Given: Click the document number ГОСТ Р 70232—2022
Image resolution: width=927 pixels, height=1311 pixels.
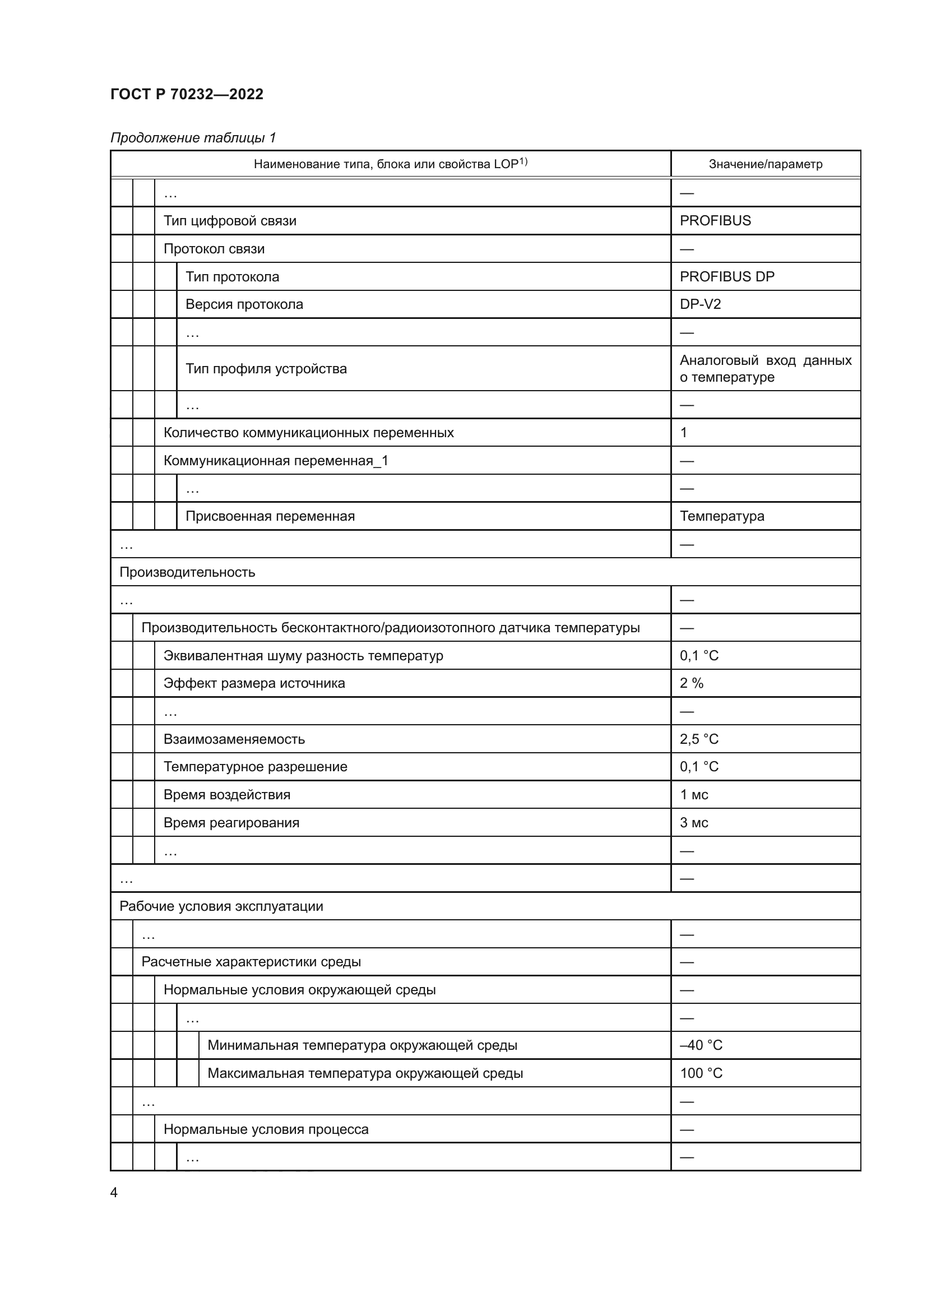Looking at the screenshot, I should pyautogui.click(x=187, y=94).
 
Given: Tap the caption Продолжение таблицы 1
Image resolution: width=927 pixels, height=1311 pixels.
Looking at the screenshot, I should pyautogui.click(x=193, y=138).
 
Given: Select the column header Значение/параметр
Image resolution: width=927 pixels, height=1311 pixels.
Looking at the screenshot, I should pyautogui.click(x=765, y=164).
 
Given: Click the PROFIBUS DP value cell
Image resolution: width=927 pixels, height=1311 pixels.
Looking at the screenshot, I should pyautogui.click(x=727, y=277).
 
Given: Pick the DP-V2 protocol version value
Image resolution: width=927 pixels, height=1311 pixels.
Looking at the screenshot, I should pyautogui.click(x=700, y=304).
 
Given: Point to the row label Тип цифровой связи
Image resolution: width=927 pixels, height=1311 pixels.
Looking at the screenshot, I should pyautogui.click(x=229, y=221).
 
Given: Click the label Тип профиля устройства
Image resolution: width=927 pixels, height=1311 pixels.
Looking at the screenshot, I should pyautogui.click(x=266, y=369).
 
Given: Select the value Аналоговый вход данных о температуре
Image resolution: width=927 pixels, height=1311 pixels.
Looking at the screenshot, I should pyautogui.click(x=765, y=369).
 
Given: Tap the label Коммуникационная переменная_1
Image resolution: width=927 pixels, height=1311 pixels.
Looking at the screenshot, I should pyautogui.click(x=276, y=461).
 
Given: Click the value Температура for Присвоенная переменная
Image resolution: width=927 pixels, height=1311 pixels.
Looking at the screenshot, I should pyautogui.click(x=721, y=516).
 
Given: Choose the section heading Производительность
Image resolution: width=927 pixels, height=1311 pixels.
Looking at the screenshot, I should pyautogui.click(x=187, y=572).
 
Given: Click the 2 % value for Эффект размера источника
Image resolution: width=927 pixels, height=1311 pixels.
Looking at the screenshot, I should pyautogui.click(x=691, y=683).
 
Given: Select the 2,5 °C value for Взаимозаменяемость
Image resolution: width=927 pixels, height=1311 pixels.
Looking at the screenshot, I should pyautogui.click(x=699, y=739).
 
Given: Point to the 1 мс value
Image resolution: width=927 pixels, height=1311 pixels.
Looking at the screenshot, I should pyautogui.click(x=693, y=795).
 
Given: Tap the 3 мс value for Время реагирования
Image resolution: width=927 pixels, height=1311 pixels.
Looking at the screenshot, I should pyautogui.click(x=693, y=823).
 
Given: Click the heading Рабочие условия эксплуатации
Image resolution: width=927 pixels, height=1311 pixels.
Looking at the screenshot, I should pyautogui.click(x=221, y=907).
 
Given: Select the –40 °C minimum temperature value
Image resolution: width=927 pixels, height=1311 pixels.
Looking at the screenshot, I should pyautogui.click(x=701, y=1045).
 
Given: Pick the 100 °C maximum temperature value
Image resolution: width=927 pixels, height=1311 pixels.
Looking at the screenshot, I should pyautogui.click(x=701, y=1073).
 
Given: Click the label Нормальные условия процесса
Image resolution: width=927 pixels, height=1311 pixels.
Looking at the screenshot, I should pyautogui.click(x=266, y=1129).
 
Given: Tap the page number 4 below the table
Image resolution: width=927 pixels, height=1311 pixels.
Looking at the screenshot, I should pyautogui.click(x=114, y=1193).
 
